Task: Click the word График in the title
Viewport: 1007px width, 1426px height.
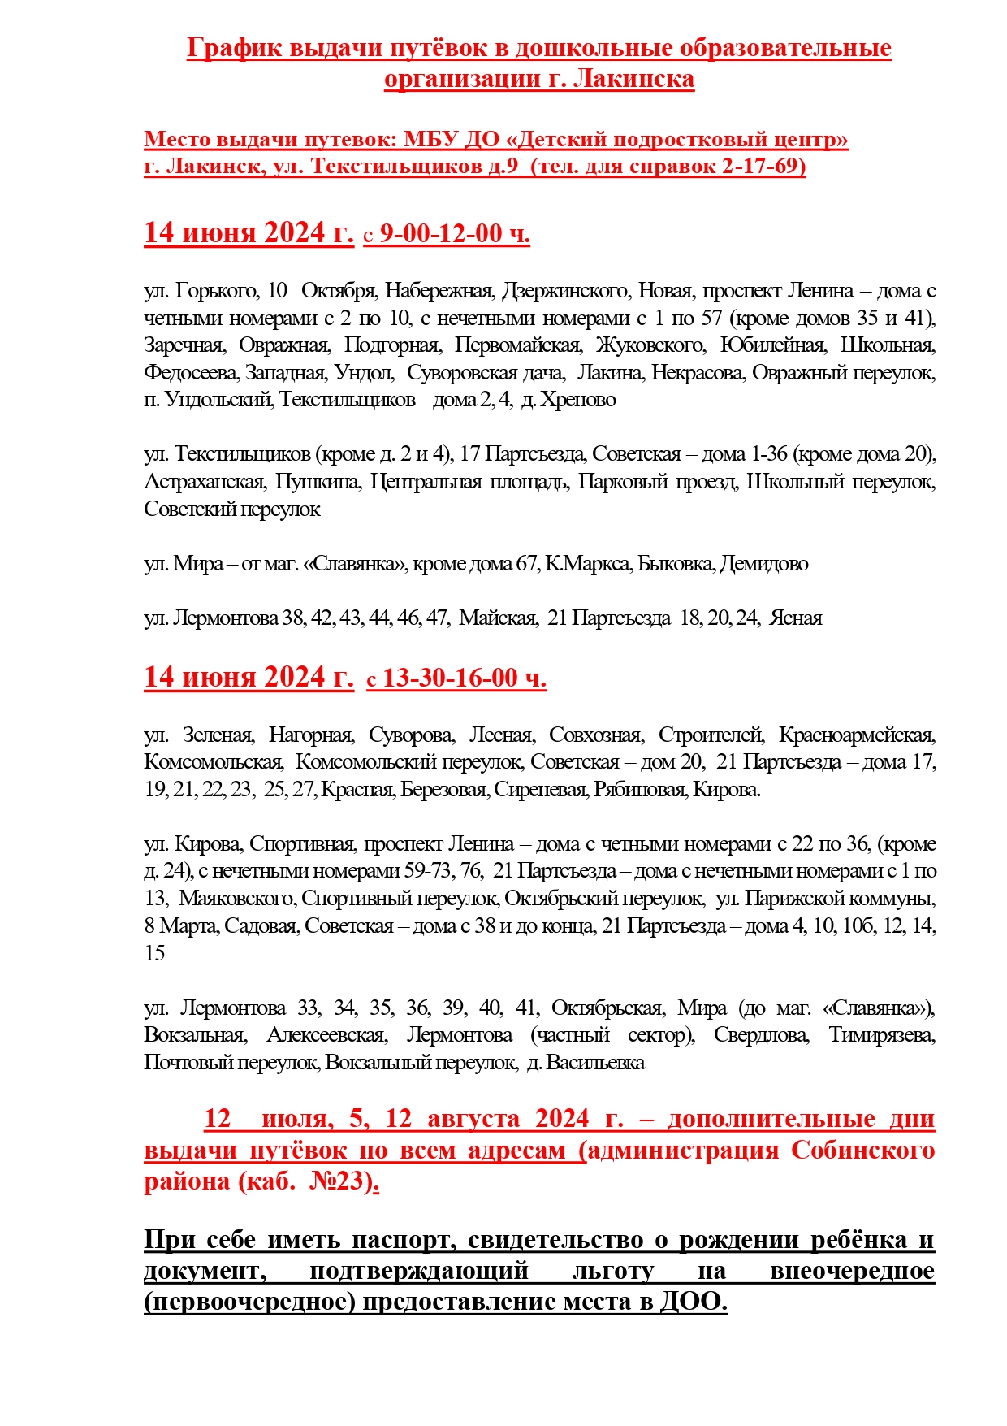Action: click(x=233, y=49)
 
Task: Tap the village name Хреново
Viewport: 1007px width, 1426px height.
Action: click(x=578, y=400)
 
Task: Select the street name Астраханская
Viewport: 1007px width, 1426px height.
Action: click(x=204, y=482)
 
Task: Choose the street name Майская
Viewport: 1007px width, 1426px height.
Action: click(x=498, y=618)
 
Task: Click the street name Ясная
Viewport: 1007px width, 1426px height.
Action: click(x=796, y=618)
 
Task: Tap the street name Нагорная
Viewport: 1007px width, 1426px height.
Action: click(x=311, y=735)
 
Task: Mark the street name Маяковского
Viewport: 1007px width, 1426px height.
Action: click(x=236, y=899)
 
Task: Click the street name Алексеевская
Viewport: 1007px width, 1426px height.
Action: click(x=326, y=1035)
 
